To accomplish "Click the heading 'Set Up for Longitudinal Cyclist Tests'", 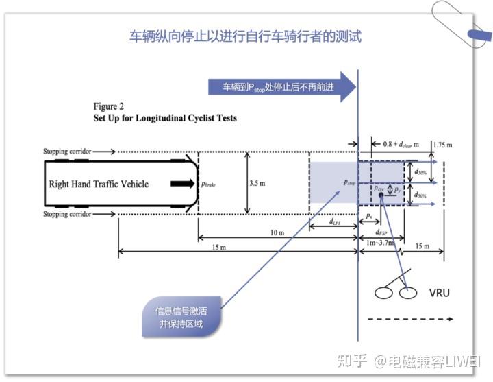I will tap(165, 118).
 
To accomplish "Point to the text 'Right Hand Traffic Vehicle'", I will tap(99, 184).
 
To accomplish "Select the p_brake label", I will tap(210, 184).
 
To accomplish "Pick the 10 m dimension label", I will tap(277, 233).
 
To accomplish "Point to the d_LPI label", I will tap(336, 222).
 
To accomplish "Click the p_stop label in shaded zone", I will tap(349, 184).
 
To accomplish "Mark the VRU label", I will tap(440, 292).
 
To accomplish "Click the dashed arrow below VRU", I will tap(411, 319).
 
